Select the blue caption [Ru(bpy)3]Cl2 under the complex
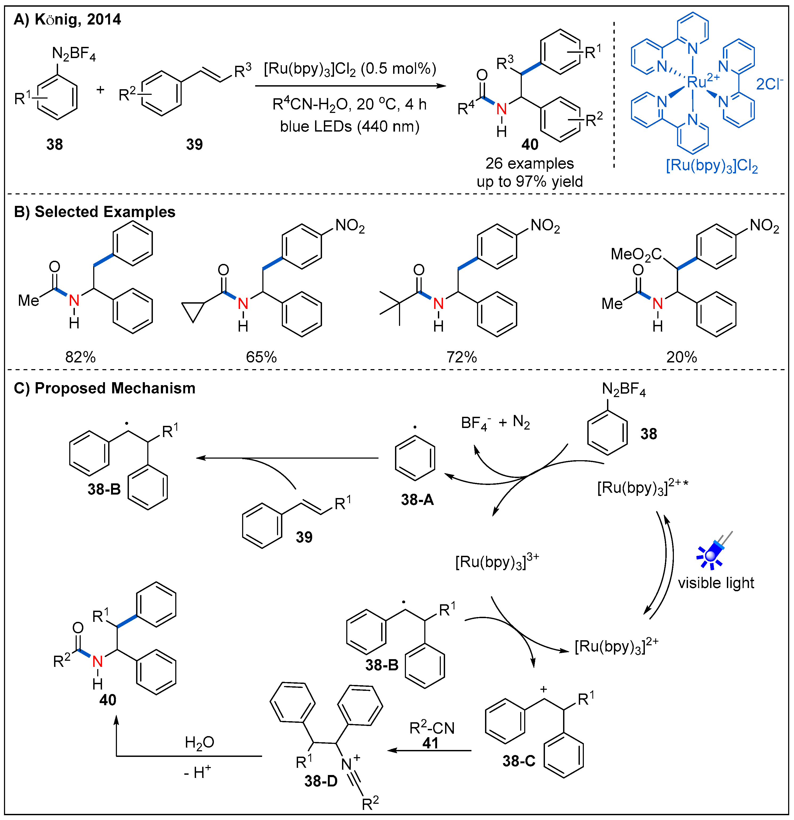click(x=712, y=166)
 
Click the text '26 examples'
click(x=529, y=163)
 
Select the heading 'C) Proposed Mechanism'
click(x=105, y=388)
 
